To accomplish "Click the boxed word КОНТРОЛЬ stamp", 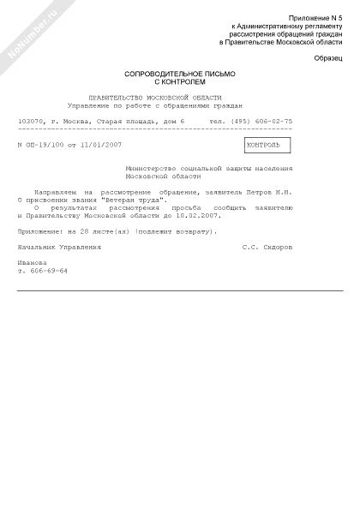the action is click(x=267, y=145).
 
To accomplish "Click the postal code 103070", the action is click(x=30, y=122).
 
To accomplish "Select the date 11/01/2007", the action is click(x=103, y=145).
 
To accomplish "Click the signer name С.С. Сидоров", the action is click(x=267, y=247).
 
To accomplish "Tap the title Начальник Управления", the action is click(x=59, y=247).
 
